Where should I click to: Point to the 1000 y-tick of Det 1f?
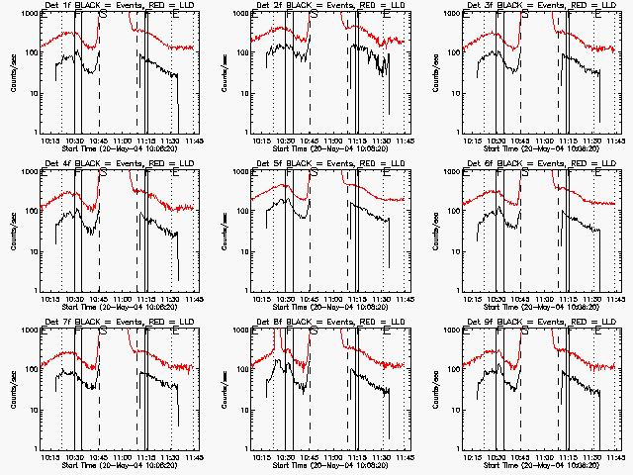[x=29, y=14]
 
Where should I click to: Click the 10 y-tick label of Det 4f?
[x=32, y=251]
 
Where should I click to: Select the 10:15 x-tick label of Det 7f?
[x=51, y=458]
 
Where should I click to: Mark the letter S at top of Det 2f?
[x=315, y=16]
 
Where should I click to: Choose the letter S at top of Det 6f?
[x=524, y=173]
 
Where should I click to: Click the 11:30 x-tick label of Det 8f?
[x=381, y=458]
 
